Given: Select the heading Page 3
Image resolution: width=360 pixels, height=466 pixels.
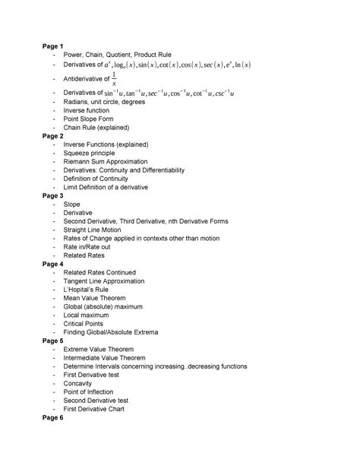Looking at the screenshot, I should pos(53,195).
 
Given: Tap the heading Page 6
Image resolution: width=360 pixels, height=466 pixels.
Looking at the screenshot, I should pos(53,419).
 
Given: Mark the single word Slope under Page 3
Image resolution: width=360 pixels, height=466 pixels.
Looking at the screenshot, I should pos(72,204).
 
